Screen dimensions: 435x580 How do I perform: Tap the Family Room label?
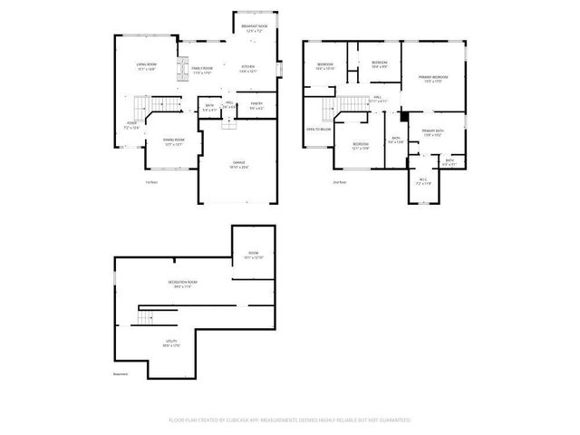(x=201, y=70)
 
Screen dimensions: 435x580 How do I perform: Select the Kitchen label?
(x=247, y=68)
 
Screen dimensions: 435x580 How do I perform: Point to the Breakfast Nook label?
(x=254, y=29)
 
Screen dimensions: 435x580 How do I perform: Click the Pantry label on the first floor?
(x=256, y=106)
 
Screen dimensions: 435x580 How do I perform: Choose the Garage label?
(x=238, y=165)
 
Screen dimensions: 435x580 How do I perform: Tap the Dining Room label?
(x=173, y=140)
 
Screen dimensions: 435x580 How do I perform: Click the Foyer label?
(x=131, y=126)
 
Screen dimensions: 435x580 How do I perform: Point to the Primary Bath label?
(x=432, y=134)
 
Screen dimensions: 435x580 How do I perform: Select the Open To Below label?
(x=318, y=130)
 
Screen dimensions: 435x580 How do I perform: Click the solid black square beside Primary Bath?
(x=403, y=116)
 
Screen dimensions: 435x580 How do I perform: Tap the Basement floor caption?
(x=121, y=374)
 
